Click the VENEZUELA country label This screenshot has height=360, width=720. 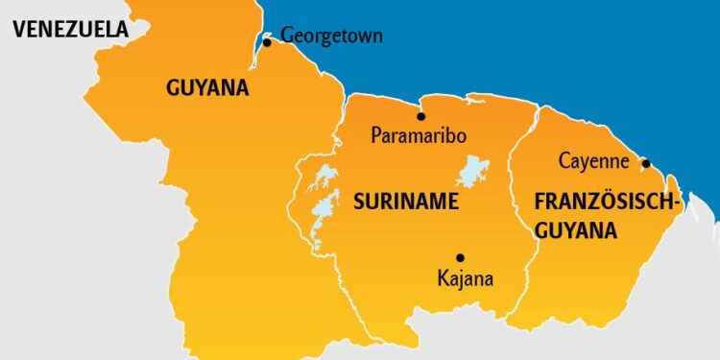[70, 30]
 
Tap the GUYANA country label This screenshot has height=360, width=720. [207, 88]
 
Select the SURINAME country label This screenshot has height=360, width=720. [405, 202]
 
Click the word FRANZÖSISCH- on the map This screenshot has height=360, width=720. [607, 203]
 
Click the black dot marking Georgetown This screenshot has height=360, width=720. [267, 42]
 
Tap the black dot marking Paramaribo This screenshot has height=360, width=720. [420, 115]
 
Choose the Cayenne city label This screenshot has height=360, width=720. [593, 161]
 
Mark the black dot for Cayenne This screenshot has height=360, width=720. [645, 163]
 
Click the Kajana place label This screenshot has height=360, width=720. [465, 279]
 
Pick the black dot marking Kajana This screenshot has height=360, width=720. [460, 257]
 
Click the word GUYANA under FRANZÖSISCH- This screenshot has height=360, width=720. [576, 230]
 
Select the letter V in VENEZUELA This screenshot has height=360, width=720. [18, 30]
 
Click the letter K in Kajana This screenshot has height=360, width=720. [441, 279]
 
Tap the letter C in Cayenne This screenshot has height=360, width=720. [564, 161]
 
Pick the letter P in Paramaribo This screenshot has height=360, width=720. [376, 135]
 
